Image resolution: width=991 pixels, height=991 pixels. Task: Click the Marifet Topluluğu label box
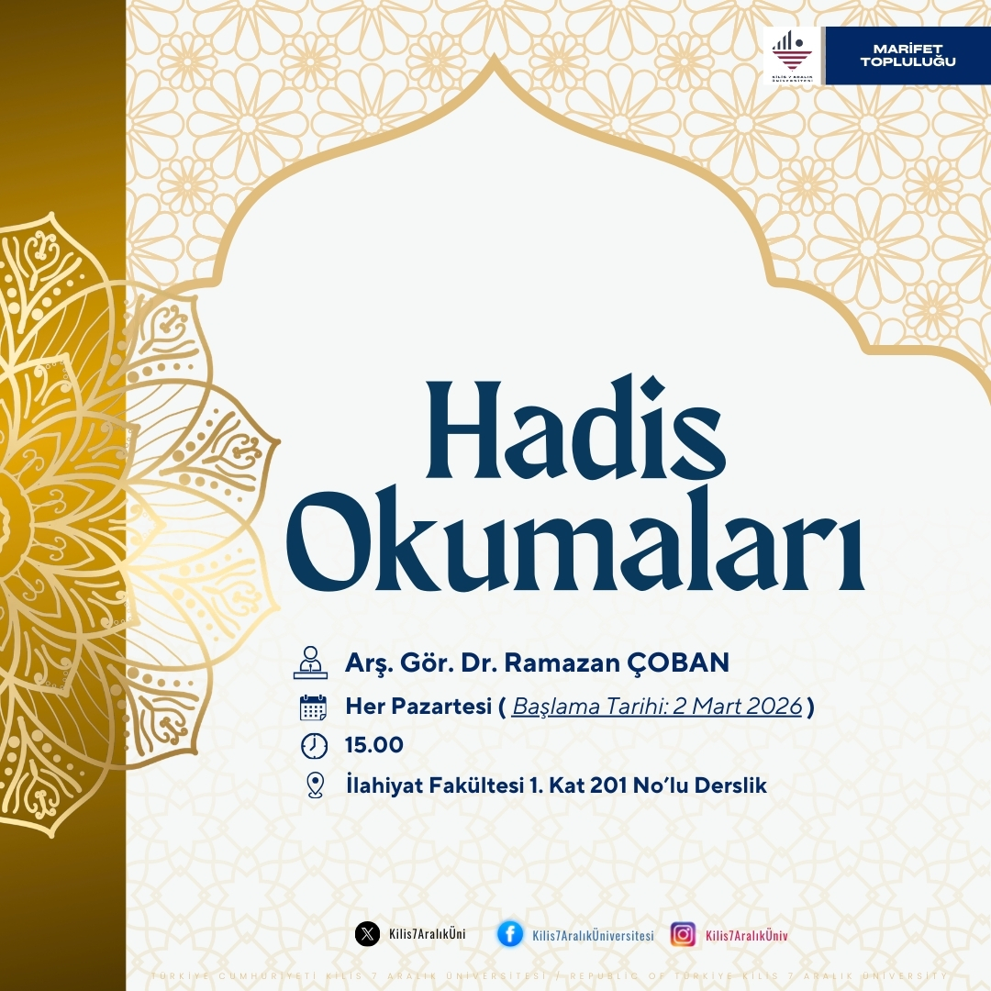point(907,55)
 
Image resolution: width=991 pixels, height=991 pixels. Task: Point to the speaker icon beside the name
point(310,663)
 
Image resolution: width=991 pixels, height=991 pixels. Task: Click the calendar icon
point(313,707)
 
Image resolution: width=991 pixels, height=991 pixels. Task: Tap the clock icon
point(314,746)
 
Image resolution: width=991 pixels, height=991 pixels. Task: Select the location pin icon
point(315,785)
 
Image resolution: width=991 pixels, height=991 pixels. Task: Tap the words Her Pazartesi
point(418,707)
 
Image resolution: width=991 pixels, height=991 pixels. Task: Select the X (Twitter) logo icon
point(367,934)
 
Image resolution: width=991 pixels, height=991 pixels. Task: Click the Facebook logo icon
point(510,934)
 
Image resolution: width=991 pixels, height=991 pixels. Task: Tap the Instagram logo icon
point(683,934)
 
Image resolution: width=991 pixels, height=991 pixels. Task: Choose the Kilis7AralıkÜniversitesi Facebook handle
point(593,935)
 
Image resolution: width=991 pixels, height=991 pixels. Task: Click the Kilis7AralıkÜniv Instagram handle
point(747,935)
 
